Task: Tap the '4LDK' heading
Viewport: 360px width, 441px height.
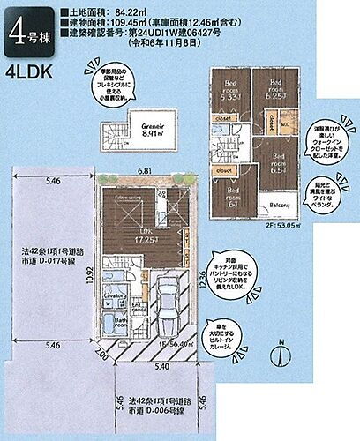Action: (33, 74)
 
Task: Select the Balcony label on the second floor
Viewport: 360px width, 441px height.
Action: (280, 206)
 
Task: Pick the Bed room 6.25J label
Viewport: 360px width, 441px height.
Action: (275, 89)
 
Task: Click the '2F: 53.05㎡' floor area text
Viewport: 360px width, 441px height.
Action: (280, 224)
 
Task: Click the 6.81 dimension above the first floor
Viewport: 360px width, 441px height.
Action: (146, 170)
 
